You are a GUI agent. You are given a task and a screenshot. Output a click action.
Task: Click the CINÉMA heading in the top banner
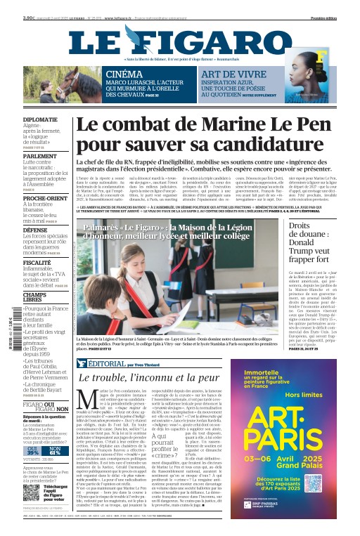(123, 74)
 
